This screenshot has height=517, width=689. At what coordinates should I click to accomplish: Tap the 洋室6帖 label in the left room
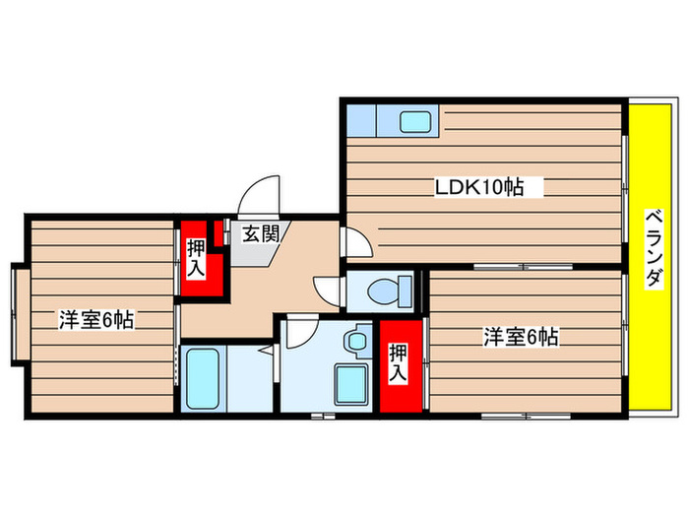(x=95, y=319)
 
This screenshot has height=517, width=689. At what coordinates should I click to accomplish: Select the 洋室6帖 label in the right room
(x=521, y=337)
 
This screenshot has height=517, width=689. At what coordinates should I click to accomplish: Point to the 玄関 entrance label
(x=261, y=234)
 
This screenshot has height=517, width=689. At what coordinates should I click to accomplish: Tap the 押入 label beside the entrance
(x=195, y=258)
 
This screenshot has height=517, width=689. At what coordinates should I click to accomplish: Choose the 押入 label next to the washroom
(x=399, y=363)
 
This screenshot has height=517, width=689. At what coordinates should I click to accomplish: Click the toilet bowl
(x=390, y=291)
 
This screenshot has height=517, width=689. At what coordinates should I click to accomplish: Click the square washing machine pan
(x=350, y=386)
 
